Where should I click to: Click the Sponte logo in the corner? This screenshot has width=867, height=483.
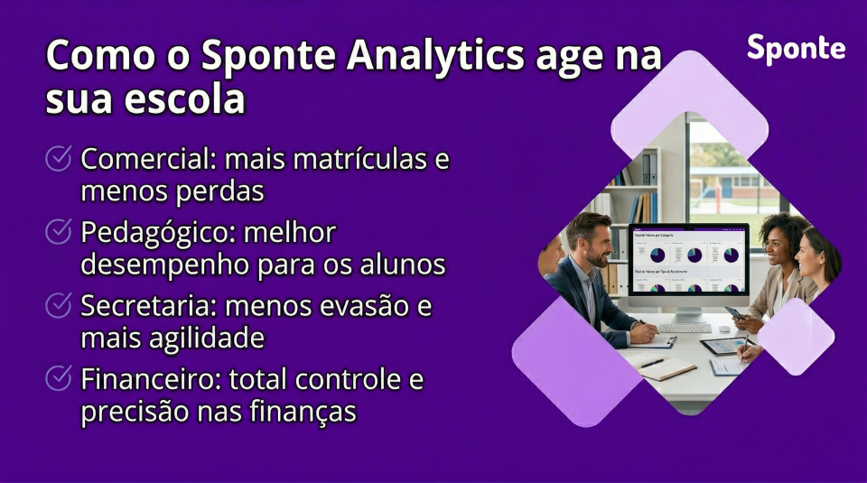pyautogui.click(x=796, y=50)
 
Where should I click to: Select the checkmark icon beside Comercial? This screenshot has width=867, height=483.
pyautogui.click(x=59, y=160)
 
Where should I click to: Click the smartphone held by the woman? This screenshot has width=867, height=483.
pyautogui.click(x=734, y=312)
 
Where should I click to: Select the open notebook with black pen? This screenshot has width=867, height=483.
pyautogui.click(x=663, y=364)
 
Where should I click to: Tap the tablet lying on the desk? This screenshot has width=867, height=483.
pyautogui.click(x=722, y=346)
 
